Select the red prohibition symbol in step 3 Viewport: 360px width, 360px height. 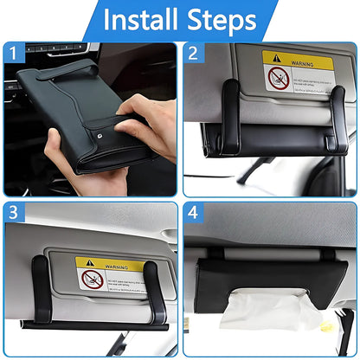click(x=93, y=280)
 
